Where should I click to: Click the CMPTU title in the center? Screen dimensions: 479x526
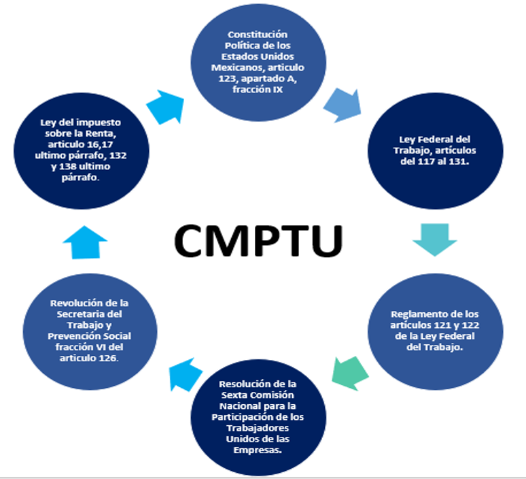258,237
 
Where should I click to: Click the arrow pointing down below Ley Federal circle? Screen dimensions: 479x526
435,239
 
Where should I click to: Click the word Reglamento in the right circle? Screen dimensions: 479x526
414,314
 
